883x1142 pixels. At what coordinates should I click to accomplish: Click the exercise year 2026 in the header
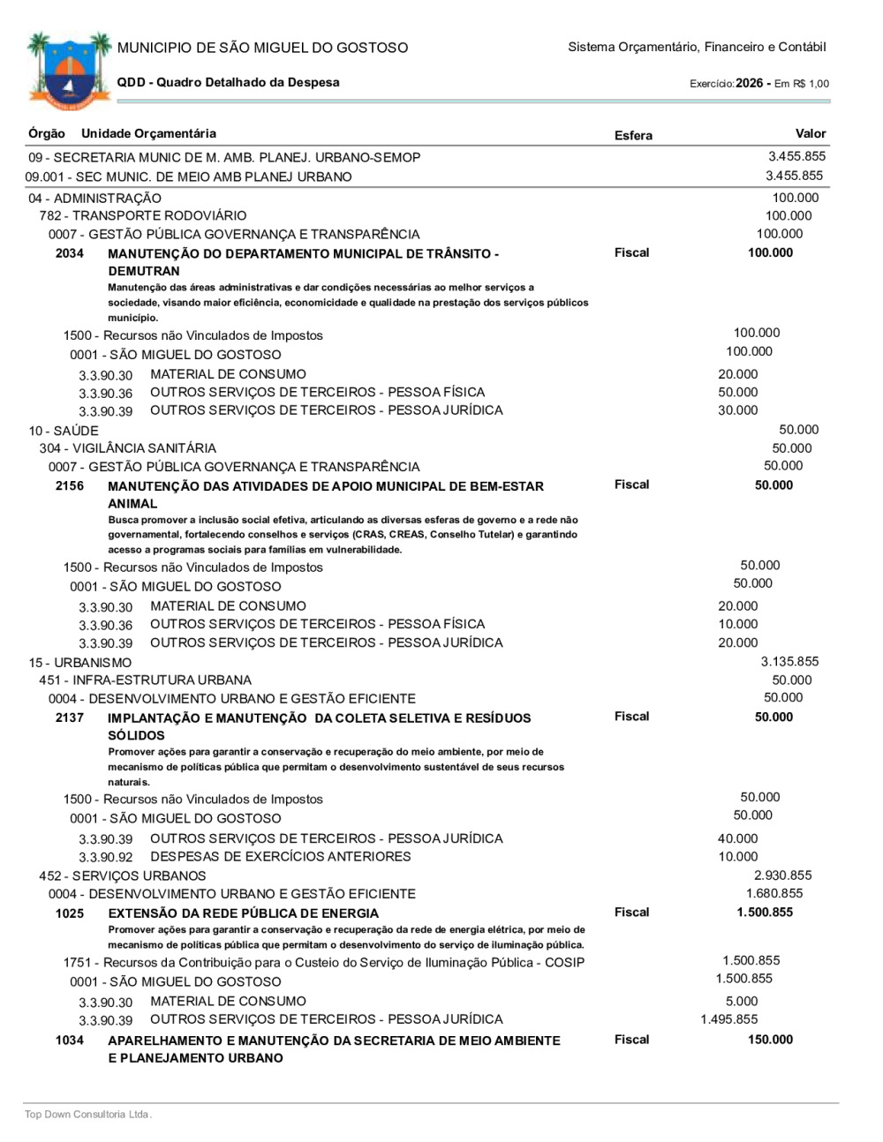pos(749,83)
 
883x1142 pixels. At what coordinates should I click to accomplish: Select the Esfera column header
pos(633,135)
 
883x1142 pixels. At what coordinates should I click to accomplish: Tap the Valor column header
pos(810,133)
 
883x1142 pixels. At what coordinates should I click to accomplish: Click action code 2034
pos(70,253)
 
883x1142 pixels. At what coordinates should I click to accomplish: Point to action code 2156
pos(70,485)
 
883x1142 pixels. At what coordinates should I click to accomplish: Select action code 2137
pos(70,718)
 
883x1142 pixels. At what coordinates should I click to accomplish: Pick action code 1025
pos(70,913)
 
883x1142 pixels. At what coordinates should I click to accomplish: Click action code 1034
pos(70,1041)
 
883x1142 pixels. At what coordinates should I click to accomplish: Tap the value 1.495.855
pos(728,1019)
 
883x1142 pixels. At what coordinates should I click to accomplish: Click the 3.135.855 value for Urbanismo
pos(789,661)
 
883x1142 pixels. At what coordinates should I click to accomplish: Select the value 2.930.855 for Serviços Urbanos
pos(782,875)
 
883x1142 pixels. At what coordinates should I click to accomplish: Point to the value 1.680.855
pos(774,893)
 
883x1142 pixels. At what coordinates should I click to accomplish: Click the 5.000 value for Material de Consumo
pos(742,1002)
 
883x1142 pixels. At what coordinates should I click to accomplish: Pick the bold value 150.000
pos(770,1040)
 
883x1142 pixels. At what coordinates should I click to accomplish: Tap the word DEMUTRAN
pos(144,271)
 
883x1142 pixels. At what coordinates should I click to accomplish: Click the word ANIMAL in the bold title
pos(132,503)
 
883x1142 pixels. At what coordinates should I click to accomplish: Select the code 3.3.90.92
pos(106,858)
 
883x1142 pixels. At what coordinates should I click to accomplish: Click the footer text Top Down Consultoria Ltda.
pos(88,1115)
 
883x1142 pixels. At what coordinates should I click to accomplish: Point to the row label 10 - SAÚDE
pos(64,431)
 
